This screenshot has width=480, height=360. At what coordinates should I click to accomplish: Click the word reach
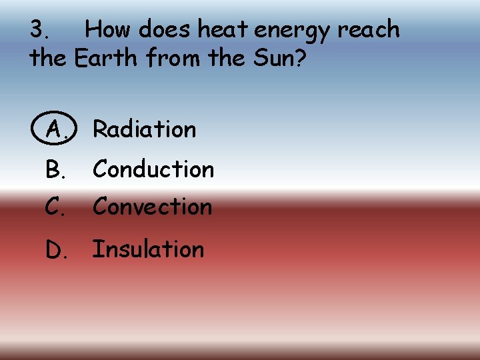(x=369, y=30)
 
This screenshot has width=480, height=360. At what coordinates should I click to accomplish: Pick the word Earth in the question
(x=107, y=59)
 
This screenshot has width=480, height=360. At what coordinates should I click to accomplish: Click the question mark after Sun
(x=300, y=59)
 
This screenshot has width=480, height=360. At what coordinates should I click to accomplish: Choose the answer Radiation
(x=145, y=129)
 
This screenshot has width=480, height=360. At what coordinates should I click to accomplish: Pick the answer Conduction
(x=153, y=169)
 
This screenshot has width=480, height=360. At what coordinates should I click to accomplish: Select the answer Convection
(x=152, y=207)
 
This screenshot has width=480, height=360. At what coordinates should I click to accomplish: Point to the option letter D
(x=55, y=250)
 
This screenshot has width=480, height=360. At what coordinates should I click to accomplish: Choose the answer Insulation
(x=148, y=249)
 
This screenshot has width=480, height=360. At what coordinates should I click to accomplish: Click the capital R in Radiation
(x=100, y=129)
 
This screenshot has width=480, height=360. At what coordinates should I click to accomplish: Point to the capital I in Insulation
(x=96, y=249)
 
